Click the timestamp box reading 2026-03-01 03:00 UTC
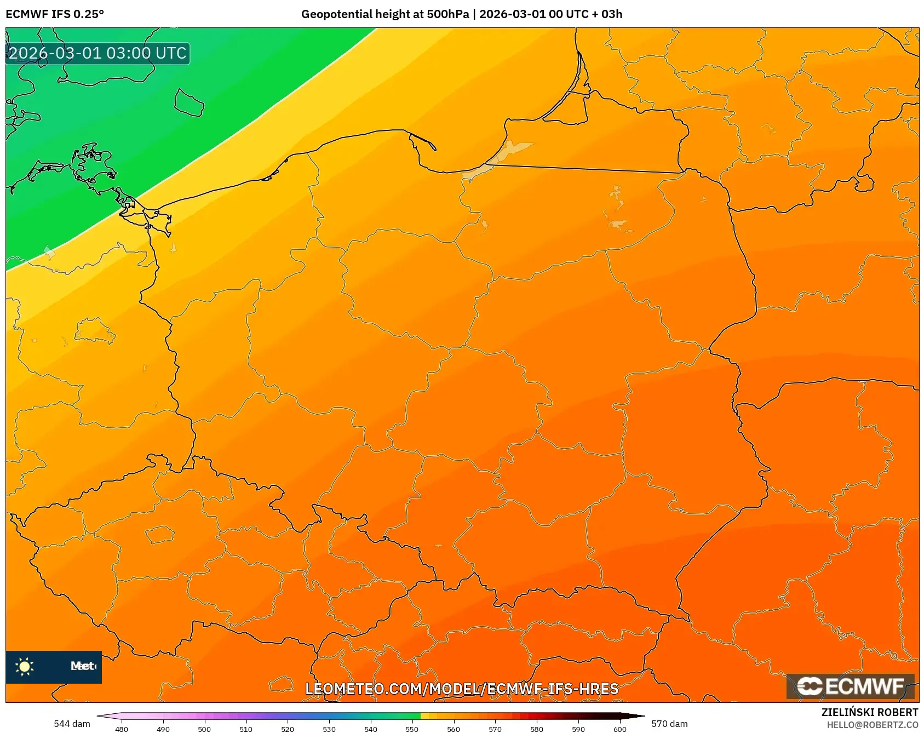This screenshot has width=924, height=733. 97,53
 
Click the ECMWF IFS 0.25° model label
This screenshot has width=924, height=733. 54,14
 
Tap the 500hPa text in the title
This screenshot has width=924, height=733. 447,14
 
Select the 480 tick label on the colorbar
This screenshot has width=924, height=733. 122,729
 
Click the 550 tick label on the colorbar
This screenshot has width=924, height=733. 412,729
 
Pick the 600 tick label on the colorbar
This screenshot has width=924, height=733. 619,729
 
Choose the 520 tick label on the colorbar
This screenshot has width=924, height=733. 288,729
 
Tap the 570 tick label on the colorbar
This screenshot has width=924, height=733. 495,729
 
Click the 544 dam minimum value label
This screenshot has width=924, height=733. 72,724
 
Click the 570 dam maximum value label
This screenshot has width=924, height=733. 669,724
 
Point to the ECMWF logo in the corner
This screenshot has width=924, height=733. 851,686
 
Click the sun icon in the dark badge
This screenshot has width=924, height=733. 25,666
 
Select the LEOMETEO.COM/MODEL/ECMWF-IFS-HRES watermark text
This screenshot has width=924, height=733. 462,689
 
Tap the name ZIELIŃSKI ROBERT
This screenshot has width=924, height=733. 870,712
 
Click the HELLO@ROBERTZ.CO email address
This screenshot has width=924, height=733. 873,725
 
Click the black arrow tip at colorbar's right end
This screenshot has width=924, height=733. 636,715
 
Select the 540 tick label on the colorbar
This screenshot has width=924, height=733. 371,729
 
